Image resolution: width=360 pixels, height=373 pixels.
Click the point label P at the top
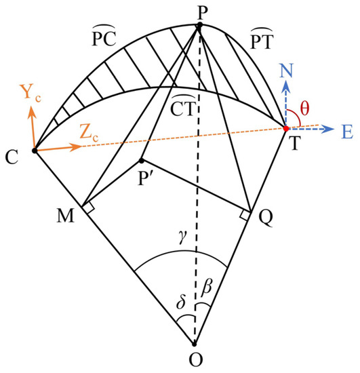[x=200, y=11]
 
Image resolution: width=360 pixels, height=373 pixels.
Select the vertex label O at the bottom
[x=195, y=359]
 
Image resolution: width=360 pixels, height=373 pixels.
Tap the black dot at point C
[x=33, y=150]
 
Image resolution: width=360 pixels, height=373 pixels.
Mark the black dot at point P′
[x=141, y=161]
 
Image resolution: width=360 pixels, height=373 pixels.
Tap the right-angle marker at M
[x=89, y=208]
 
